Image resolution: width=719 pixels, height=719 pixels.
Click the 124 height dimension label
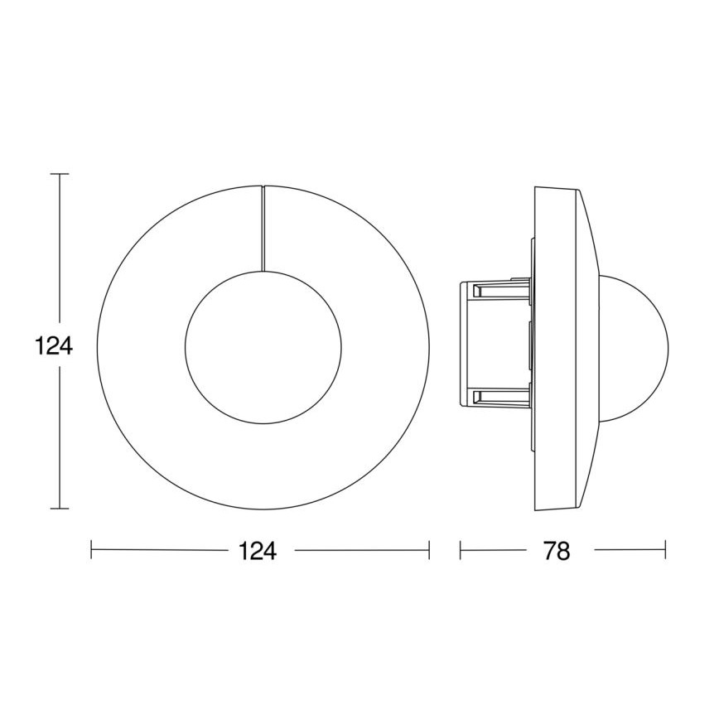(x=55, y=345)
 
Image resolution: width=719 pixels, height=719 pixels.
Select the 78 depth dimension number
(x=557, y=551)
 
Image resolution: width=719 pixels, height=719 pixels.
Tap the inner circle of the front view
(x=262, y=346)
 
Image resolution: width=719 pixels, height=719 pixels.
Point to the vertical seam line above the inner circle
(x=263, y=228)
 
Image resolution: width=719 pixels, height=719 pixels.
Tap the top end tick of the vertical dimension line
(x=59, y=174)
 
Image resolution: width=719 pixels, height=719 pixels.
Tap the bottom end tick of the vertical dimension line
(x=59, y=508)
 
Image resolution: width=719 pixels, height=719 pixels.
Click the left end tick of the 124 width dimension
(x=91, y=550)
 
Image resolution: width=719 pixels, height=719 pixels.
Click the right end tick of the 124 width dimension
(x=429, y=550)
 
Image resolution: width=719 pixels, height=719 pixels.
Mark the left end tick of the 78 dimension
(x=461, y=550)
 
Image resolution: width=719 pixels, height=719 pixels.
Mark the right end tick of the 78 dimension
(x=665, y=550)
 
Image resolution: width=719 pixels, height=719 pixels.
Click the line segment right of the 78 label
(x=630, y=550)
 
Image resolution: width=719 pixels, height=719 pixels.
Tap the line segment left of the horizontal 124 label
(x=157, y=550)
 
